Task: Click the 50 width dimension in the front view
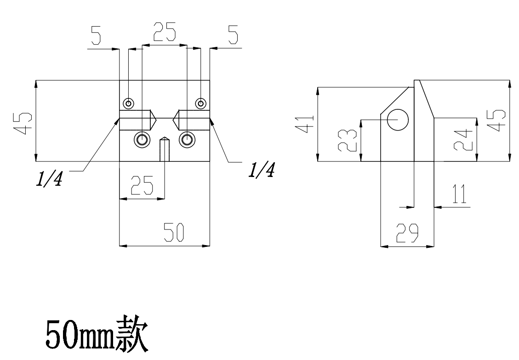click(174, 232)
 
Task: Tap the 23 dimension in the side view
click(348, 140)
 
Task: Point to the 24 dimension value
click(463, 140)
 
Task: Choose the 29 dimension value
click(407, 233)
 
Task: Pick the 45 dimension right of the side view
click(496, 120)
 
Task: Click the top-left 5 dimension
click(95, 35)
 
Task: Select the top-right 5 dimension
click(234, 35)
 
